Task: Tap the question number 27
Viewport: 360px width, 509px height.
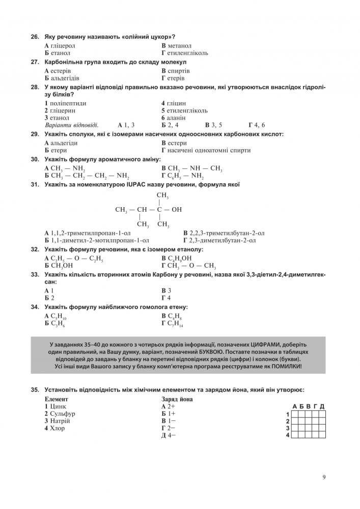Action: (35, 62)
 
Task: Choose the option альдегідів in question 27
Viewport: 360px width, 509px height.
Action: (64, 78)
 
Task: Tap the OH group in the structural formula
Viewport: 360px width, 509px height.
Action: (177, 209)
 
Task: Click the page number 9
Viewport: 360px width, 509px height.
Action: (324, 477)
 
